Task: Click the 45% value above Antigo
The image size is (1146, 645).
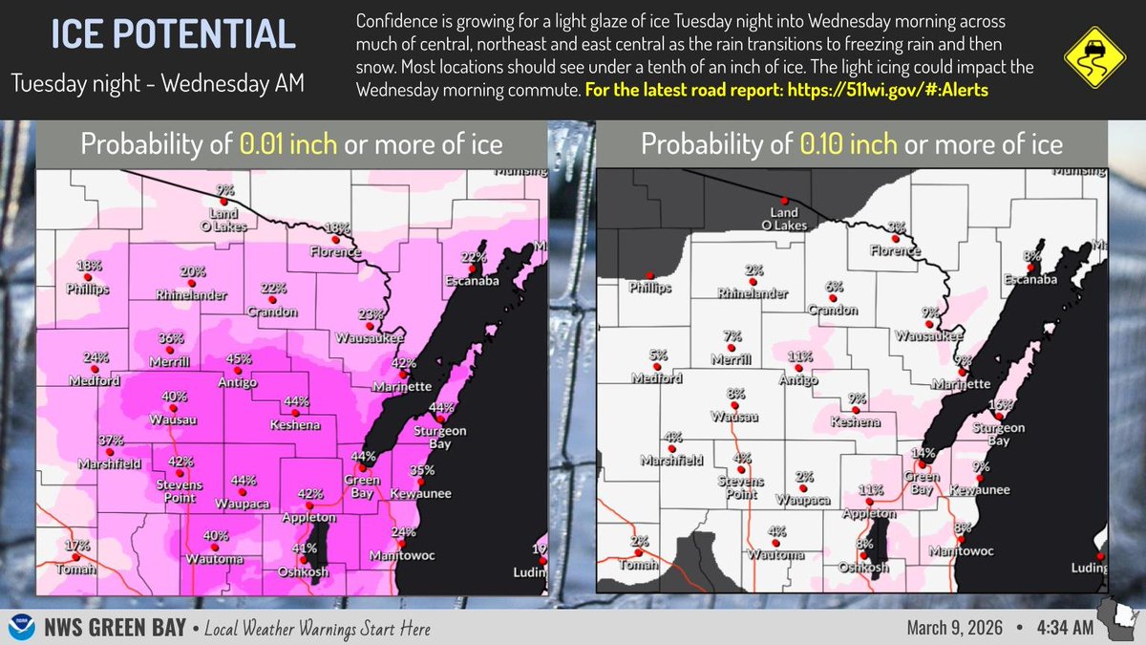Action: point(238,359)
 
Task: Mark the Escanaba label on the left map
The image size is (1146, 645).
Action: point(469,281)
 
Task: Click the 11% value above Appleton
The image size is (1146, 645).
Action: point(869,490)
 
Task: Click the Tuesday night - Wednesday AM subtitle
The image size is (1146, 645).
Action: point(158,83)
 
